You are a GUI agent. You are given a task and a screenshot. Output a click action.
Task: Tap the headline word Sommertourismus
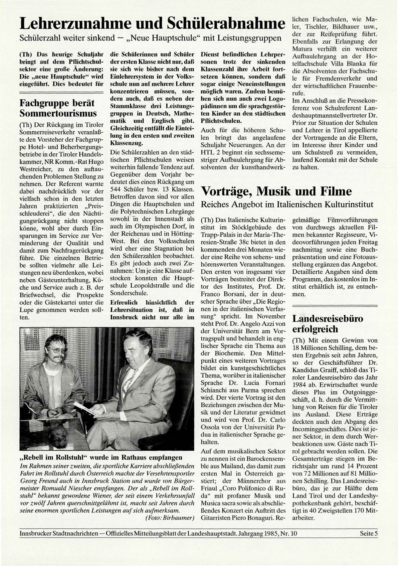coord(58,113)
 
